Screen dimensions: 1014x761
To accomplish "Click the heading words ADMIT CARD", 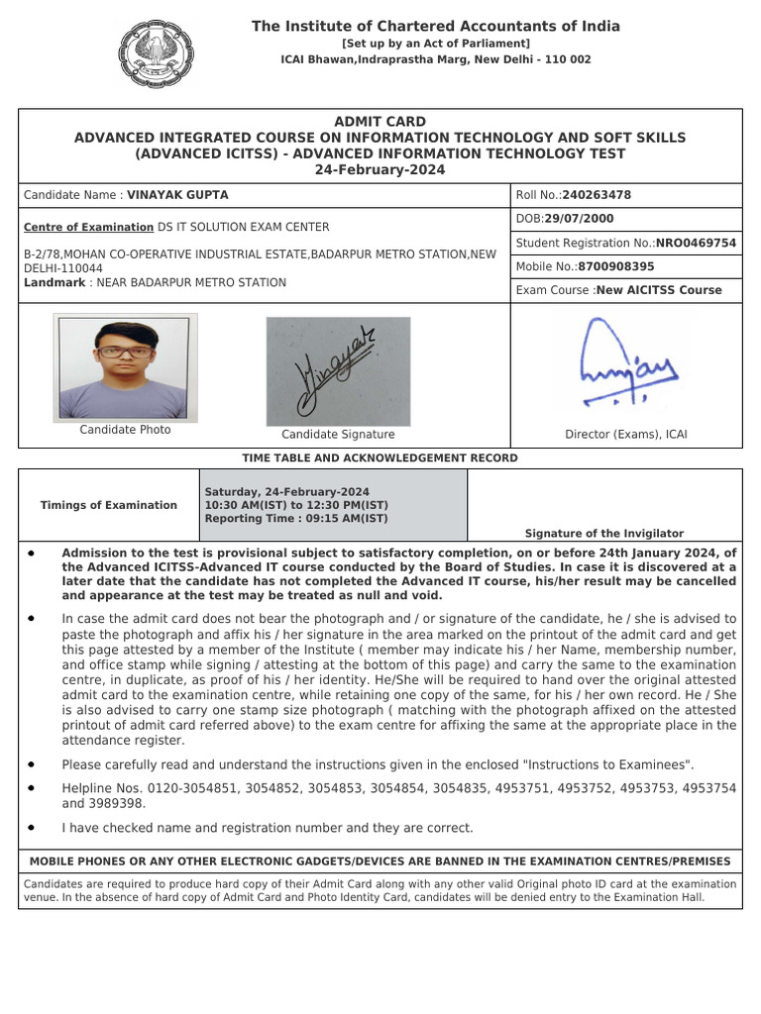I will pyautogui.click(x=380, y=122).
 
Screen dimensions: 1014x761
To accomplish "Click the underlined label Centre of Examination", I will pyautogui.click(x=88, y=227).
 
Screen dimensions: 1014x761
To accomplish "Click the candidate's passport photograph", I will pyautogui.click(x=125, y=367).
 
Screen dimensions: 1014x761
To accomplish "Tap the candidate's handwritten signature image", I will pyautogui.click(x=338, y=371).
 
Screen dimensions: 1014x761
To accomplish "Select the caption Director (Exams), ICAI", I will pyautogui.click(x=625, y=434).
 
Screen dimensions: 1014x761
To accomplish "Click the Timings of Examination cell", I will pyautogui.click(x=109, y=505).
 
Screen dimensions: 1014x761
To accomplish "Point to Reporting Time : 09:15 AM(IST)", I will pyautogui.click(x=296, y=519).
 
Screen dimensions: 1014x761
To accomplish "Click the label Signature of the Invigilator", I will pyautogui.click(x=603, y=533).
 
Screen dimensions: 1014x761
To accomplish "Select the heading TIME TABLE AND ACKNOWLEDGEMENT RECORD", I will pyautogui.click(x=380, y=458).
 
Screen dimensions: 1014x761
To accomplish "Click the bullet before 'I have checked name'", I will pyautogui.click(x=33, y=827).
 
